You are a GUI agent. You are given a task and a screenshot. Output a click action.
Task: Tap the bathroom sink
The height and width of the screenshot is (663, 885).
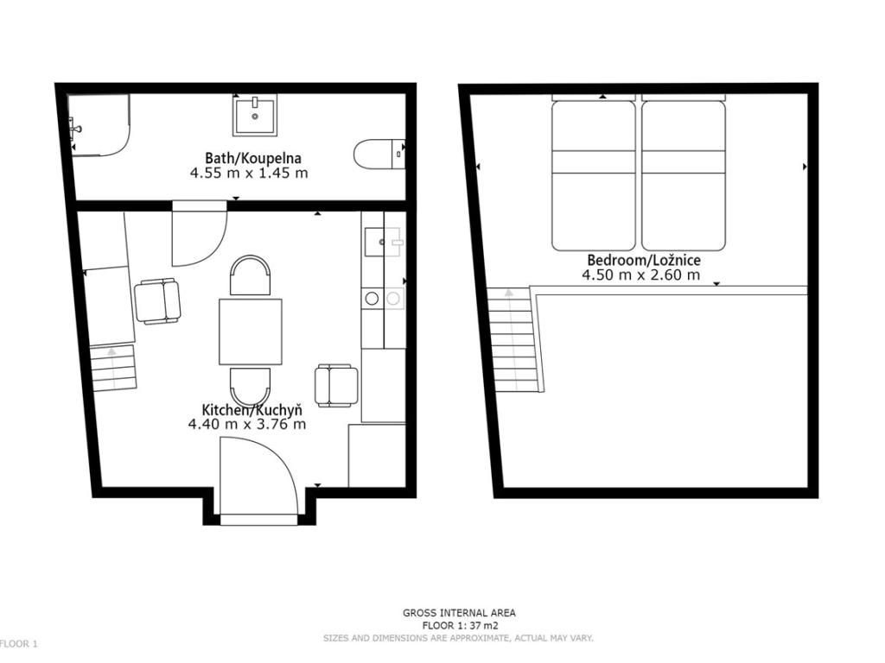pyautogui.click(x=255, y=115)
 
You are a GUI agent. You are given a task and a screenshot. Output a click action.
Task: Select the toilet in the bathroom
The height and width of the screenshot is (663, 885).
pyautogui.click(x=379, y=154)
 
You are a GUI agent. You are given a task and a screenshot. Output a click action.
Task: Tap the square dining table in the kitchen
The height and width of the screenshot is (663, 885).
pyautogui.click(x=250, y=331)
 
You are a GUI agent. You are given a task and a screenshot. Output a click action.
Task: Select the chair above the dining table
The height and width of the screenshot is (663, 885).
pyautogui.click(x=250, y=275)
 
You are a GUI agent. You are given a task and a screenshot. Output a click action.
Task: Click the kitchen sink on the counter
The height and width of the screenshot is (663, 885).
pyautogui.click(x=383, y=242)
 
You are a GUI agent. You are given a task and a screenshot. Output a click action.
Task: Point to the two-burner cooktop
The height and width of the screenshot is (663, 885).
pyautogui.click(x=383, y=299)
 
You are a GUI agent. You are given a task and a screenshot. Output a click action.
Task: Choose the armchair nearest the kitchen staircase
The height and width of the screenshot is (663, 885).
pyautogui.click(x=157, y=301)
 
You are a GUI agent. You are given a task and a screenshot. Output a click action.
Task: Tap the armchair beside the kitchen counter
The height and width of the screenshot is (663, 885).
pyautogui.click(x=336, y=386)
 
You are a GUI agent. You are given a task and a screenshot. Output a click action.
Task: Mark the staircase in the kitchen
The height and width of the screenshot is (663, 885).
pyautogui.click(x=113, y=368)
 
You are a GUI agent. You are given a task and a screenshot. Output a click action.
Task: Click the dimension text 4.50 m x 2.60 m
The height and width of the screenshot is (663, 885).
pyautogui.click(x=641, y=275)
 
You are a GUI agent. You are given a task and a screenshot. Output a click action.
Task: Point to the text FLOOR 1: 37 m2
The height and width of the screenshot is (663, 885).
pyautogui.click(x=460, y=625)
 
